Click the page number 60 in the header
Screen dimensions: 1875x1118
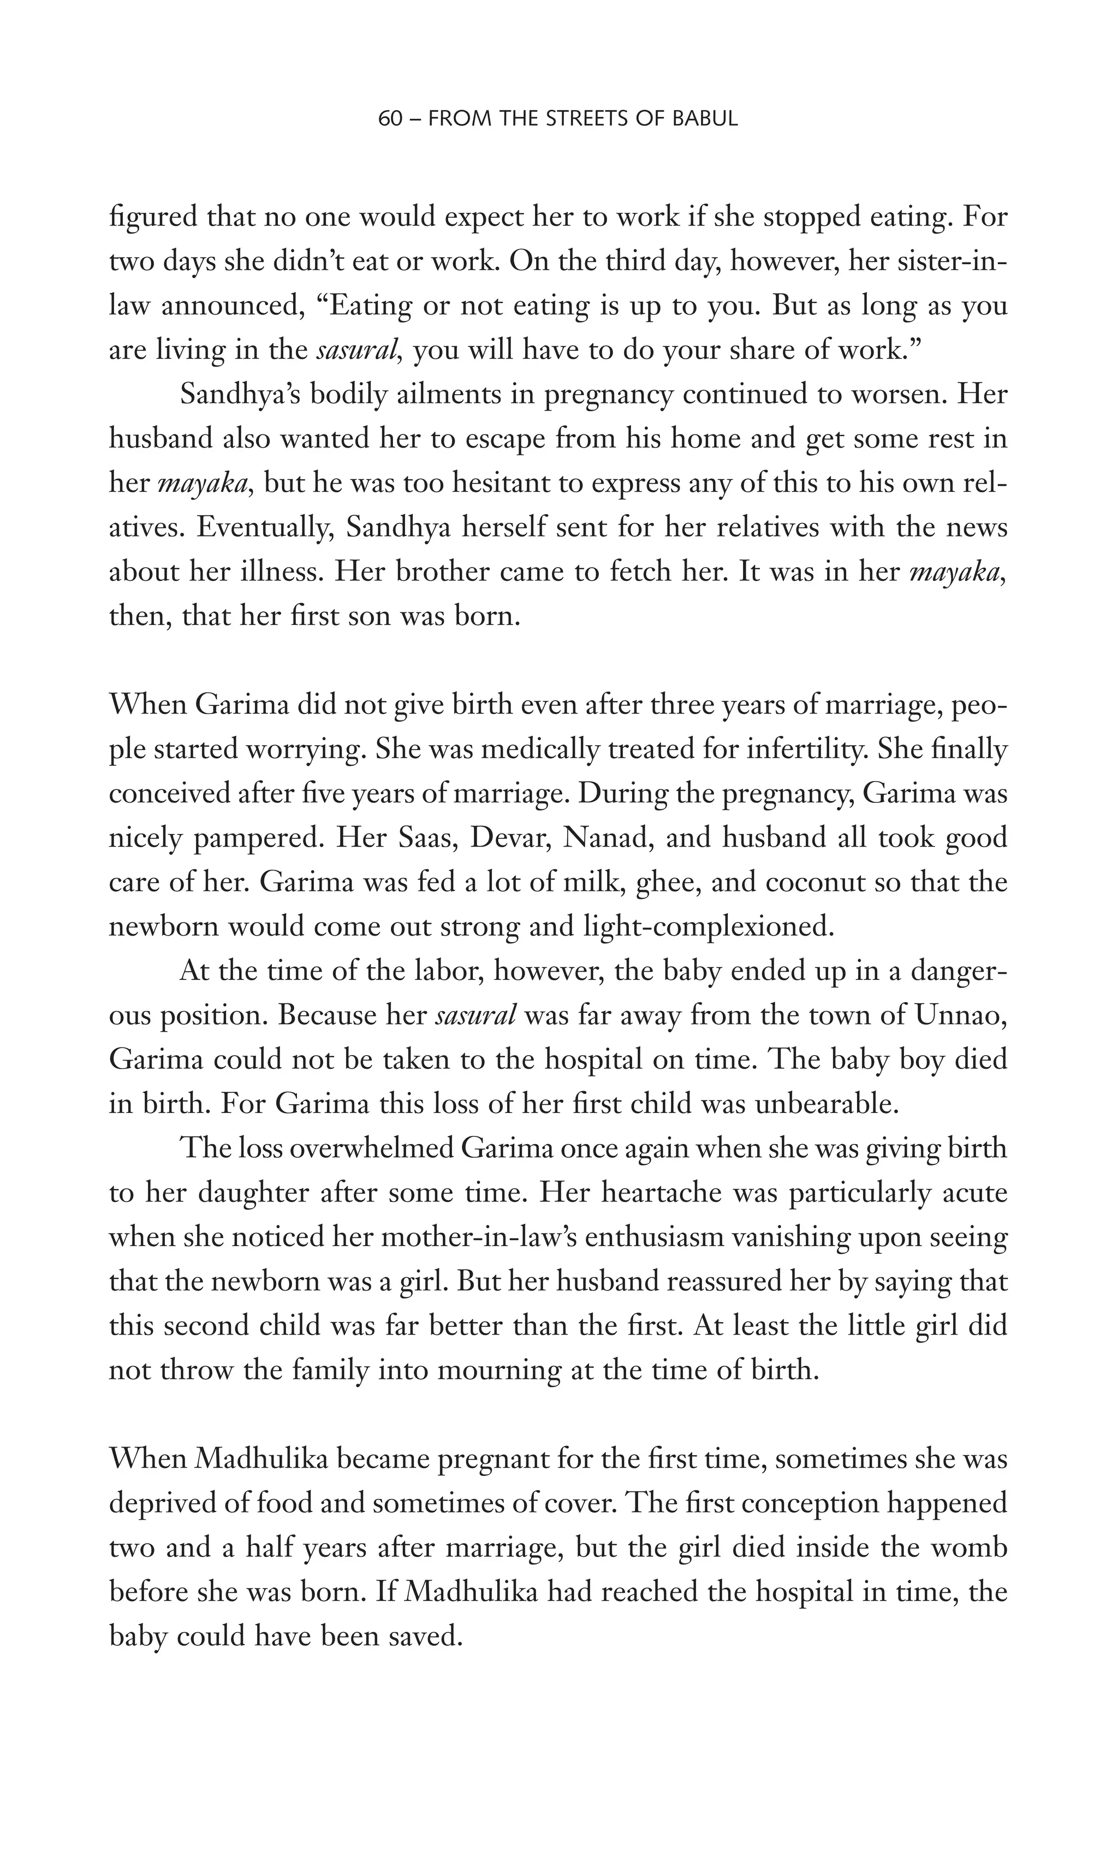[390, 119]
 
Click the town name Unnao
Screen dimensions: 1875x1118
[961, 1015]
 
